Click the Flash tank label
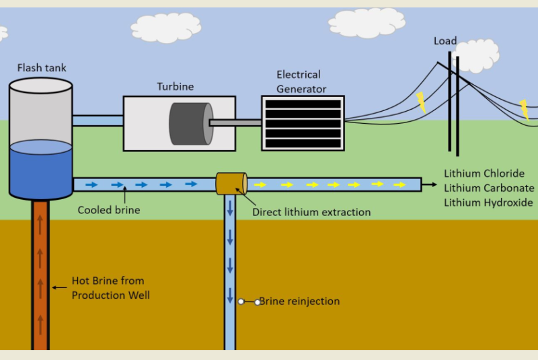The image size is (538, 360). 42,68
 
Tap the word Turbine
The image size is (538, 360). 176,87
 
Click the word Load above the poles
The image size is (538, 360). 445,42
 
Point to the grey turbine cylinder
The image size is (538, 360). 190,123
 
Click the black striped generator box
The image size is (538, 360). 303,123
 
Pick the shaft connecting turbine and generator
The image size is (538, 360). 235,122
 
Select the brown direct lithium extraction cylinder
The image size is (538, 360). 231,184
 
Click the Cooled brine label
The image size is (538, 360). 109,210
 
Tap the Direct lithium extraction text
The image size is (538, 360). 311,212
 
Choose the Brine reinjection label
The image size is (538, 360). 299,301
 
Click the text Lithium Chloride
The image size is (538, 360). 484,174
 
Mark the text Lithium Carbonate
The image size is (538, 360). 489,188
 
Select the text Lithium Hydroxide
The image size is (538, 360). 488,203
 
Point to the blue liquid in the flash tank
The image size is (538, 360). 41,168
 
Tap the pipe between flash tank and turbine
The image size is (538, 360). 98,120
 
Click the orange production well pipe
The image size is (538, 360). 40,276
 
